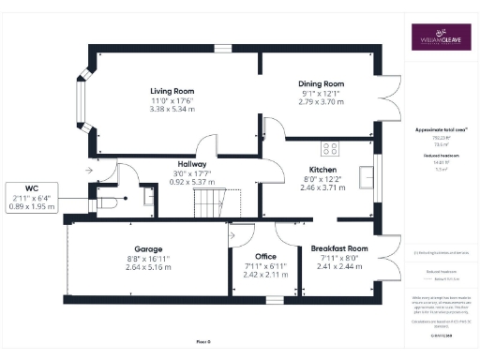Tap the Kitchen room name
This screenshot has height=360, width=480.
(x=323, y=169)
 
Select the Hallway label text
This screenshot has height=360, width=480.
(x=193, y=164)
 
